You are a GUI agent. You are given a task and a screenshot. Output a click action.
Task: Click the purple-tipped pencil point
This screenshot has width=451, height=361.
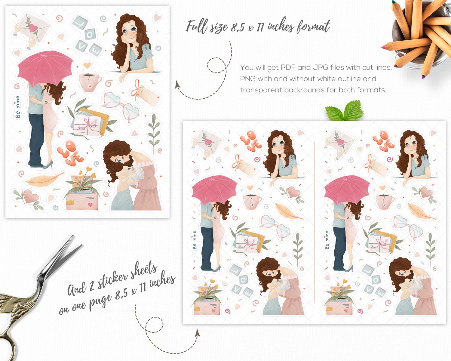coord(423,77)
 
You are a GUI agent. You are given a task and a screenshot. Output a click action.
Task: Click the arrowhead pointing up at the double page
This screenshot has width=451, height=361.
coord(197,333)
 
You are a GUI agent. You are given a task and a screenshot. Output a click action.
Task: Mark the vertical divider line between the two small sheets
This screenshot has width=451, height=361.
coord(314,222)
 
